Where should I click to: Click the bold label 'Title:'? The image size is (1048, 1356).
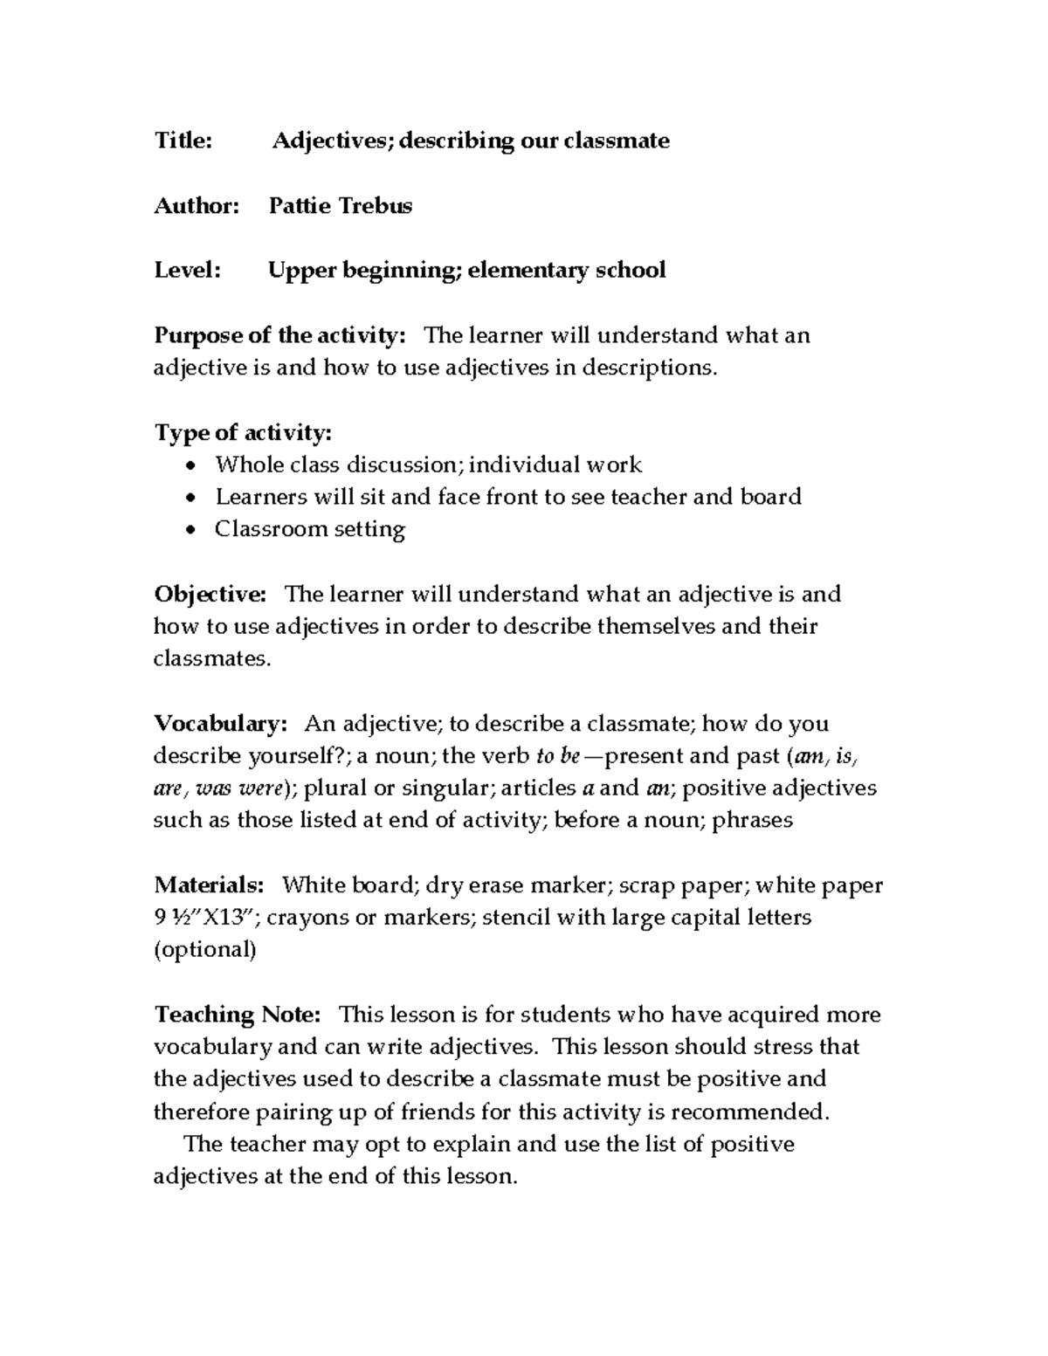coord(183,141)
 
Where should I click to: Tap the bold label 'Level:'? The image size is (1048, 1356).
coord(188,270)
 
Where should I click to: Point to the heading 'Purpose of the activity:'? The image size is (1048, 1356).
coord(279,335)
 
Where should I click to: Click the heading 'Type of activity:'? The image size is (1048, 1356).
coord(243,432)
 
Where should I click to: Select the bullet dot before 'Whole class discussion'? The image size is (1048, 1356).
coord(192,465)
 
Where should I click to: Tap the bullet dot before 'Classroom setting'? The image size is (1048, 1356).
coord(192,530)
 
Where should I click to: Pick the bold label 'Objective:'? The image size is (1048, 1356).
coord(210,595)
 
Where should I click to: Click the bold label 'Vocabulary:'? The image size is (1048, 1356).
coord(220,724)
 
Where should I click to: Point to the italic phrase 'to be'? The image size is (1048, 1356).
coord(558,756)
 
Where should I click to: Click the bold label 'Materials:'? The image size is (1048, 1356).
coord(209,885)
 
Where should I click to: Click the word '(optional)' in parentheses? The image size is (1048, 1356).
coord(205,950)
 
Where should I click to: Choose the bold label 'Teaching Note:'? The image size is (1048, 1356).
coord(238,1015)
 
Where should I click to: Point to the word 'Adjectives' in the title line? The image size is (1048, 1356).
coord(332,141)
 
